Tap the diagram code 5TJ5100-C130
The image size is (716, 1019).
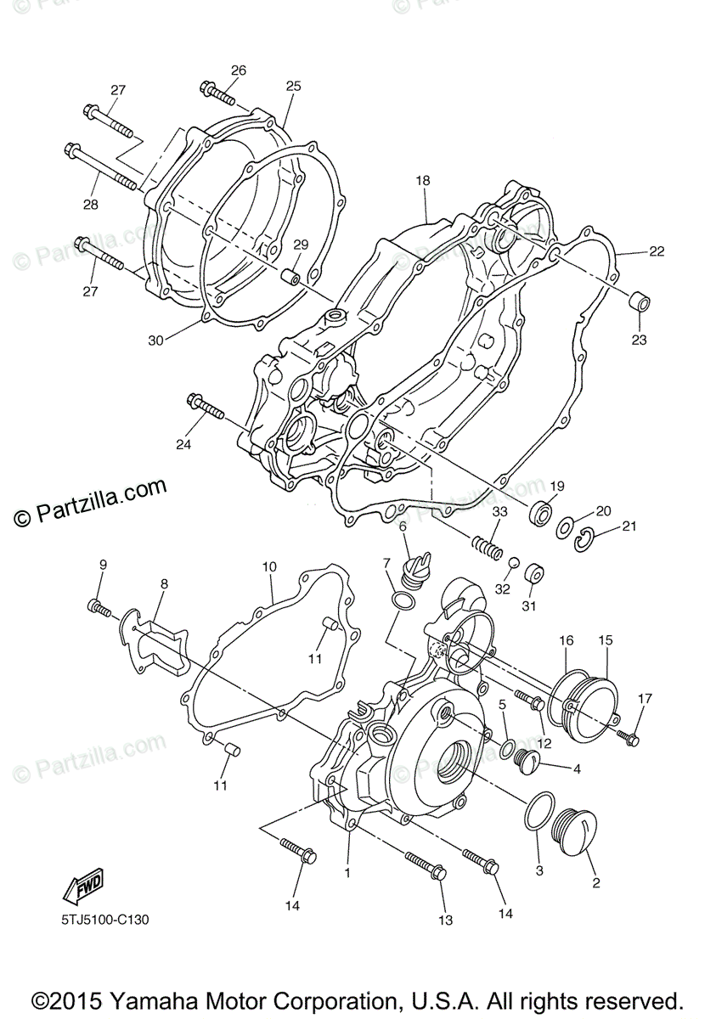point(105,920)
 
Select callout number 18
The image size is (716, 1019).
point(423,180)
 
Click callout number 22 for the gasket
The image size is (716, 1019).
point(657,251)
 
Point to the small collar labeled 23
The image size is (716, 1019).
point(639,303)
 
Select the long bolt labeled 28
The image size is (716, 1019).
point(101,168)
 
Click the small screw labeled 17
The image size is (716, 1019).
point(628,737)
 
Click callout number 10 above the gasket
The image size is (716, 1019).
point(269,566)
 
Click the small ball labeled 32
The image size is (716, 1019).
point(514,563)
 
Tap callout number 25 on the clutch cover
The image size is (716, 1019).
point(293,86)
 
